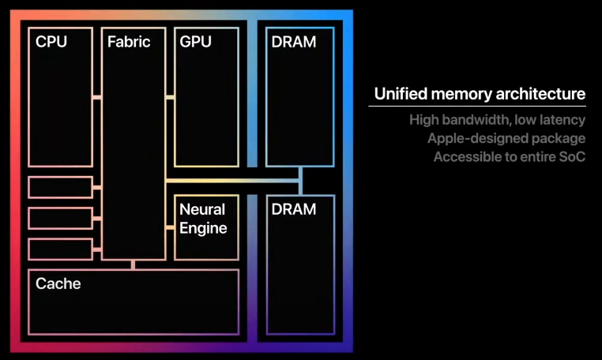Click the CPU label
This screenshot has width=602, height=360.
click(x=51, y=42)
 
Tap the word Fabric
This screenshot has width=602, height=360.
click(x=129, y=42)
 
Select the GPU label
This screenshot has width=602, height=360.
click(x=196, y=42)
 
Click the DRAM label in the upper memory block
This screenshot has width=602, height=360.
click(x=293, y=42)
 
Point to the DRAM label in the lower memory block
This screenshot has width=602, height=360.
click(x=293, y=209)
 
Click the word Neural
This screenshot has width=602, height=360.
click(x=202, y=210)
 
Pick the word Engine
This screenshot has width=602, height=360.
click(x=203, y=228)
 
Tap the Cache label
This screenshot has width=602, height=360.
click(x=58, y=283)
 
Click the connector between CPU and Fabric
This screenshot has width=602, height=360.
click(x=96, y=97)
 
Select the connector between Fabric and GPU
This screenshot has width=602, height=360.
click(x=170, y=97)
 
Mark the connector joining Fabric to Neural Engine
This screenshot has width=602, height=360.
click(x=170, y=227)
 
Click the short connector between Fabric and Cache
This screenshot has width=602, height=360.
click(x=134, y=264)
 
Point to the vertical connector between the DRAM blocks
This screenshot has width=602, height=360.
click(x=301, y=181)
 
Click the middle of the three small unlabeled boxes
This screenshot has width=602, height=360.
click(x=60, y=218)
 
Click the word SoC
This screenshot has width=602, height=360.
click(x=570, y=156)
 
